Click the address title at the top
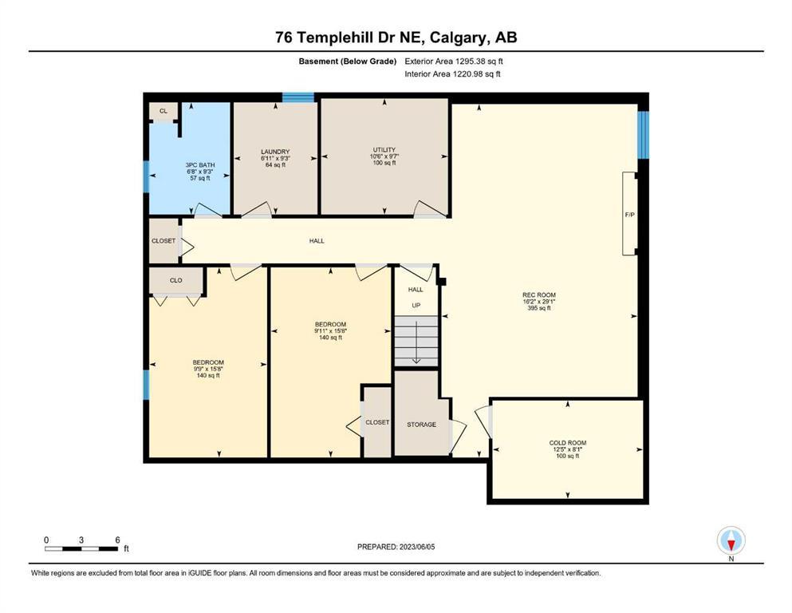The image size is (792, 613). coord(396,38)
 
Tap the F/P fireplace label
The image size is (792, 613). coord(630,215)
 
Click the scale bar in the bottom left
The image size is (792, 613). coord(81,548)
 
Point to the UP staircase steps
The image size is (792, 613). coord(416,340)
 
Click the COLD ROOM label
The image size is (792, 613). coord(568,443)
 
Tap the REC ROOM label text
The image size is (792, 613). coord(539,295)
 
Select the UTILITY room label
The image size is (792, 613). coord(384,149)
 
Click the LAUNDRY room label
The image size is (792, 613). coord(275,152)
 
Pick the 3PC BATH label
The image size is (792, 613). coord(200,164)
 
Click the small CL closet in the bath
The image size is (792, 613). coord(164,111)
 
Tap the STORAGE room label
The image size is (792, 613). coord(421,425)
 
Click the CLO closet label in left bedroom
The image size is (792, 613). coord(175,280)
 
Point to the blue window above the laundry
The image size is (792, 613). coord(298,97)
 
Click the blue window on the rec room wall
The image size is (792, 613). coord(643,135)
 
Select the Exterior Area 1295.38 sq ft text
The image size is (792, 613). coord(454,61)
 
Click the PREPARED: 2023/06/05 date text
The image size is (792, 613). coord(396,547)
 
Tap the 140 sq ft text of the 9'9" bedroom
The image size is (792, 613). coord(208,375)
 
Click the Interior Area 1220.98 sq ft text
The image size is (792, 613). coord(452,73)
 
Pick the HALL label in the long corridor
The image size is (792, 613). coord(317,241)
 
